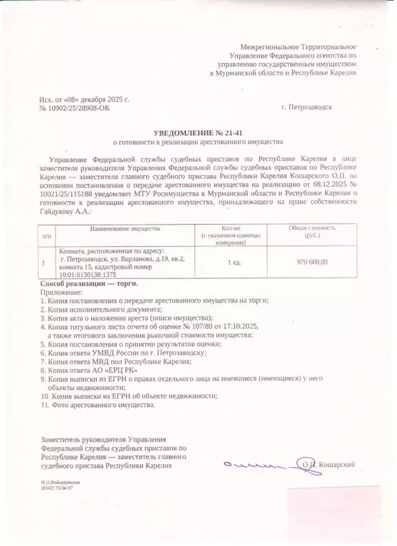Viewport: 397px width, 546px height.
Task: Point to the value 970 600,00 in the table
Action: tap(312, 262)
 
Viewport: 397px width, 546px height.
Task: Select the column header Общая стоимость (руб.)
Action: tap(312, 231)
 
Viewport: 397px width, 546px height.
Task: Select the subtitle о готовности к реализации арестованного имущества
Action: tap(198, 142)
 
